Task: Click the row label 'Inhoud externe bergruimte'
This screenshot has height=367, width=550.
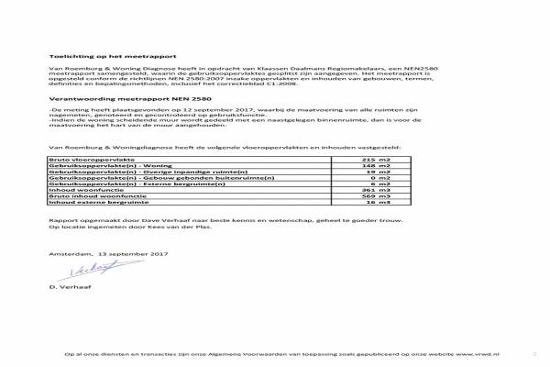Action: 87,204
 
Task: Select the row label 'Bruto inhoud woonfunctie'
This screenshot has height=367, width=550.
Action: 86,197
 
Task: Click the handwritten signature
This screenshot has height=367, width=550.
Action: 87,268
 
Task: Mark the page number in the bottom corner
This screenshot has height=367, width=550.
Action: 533,353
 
